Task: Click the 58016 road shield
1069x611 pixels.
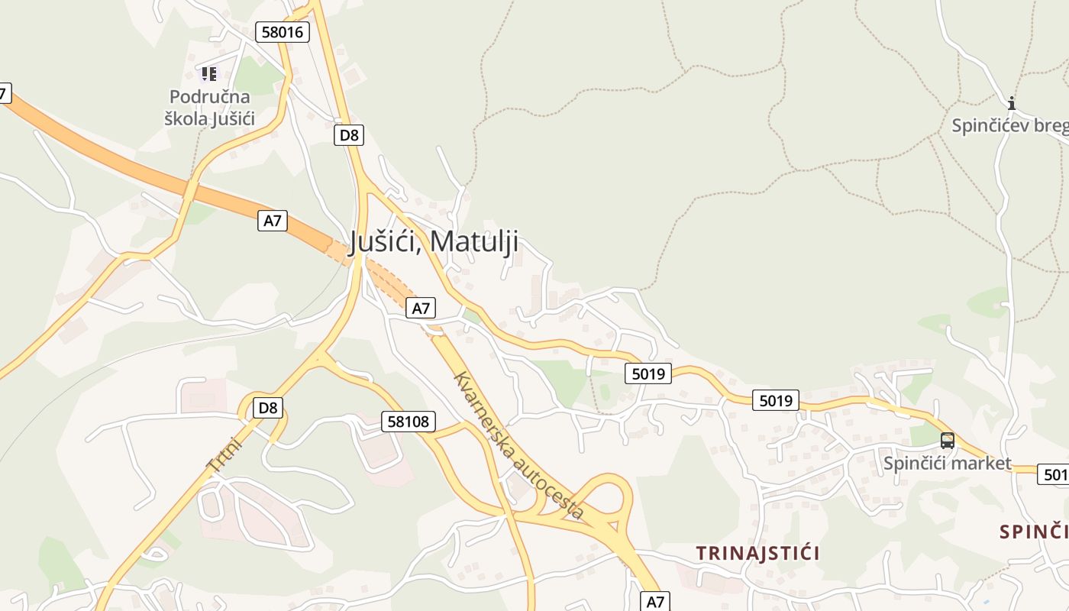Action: pos(283,32)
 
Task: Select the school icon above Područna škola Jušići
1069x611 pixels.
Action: pos(209,74)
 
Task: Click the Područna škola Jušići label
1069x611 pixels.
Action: pos(210,108)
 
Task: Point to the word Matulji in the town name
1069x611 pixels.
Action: pos(474,241)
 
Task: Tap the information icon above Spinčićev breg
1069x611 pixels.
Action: pos(1012,103)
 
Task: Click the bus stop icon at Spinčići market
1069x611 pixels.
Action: pos(947,441)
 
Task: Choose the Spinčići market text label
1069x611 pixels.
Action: pos(947,463)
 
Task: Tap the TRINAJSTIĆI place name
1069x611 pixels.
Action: pos(757,553)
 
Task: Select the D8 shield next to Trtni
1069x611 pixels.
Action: pos(268,408)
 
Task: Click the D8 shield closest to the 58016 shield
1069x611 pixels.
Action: pos(349,135)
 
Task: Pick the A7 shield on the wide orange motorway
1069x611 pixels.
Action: pos(273,221)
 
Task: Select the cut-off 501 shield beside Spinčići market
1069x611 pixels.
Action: pos(1054,474)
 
